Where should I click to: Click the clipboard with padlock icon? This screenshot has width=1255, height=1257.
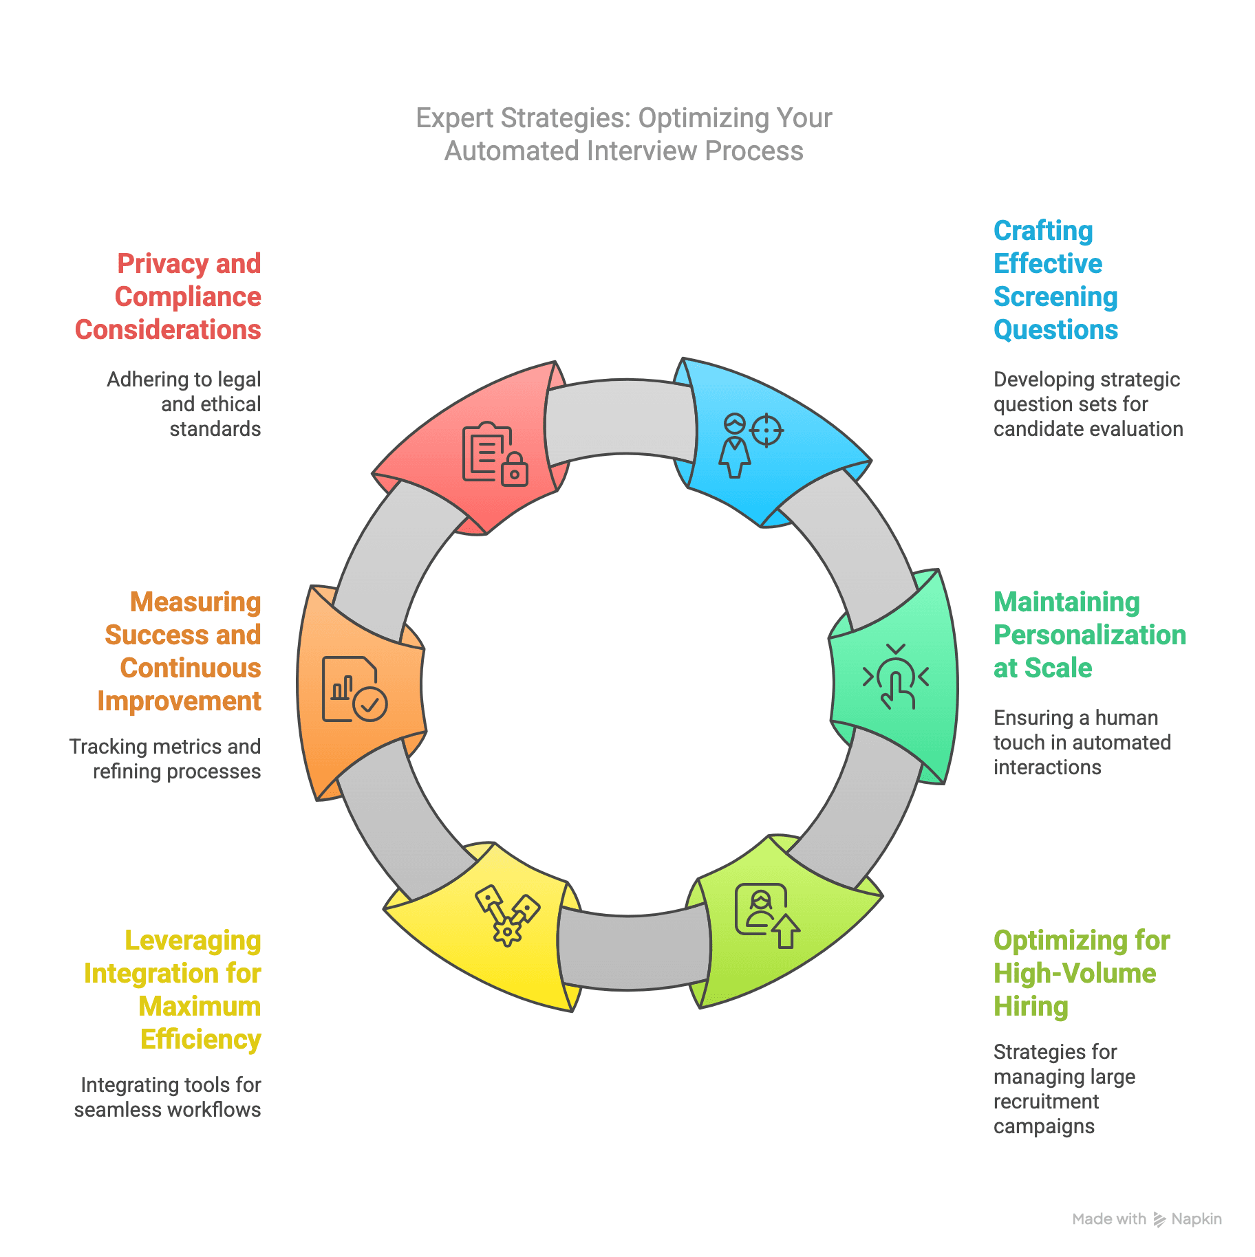tap(495, 454)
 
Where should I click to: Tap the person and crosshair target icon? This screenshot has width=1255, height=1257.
tap(751, 444)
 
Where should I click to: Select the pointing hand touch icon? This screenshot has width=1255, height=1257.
tap(896, 678)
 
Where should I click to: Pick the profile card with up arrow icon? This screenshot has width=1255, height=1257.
tap(766, 915)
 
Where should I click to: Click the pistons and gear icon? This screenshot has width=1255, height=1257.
tap(507, 915)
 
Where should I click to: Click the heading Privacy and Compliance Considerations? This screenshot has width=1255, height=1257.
tap(169, 296)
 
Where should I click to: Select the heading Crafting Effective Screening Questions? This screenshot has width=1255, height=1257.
tap(1055, 280)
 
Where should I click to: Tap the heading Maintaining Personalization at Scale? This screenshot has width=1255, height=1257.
tap(1089, 635)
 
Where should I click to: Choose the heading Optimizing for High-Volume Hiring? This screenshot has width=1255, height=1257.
tap(1081, 973)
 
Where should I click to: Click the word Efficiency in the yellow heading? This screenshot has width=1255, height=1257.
tap(200, 1039)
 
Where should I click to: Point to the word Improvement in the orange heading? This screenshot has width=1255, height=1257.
tap(179, 701)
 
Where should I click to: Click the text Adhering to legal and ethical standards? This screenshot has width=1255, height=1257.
tap(184, 404)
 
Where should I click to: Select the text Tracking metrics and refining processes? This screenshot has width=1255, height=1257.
tap(165, 759)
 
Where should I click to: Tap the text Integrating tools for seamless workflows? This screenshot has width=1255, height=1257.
tap(168, 1097)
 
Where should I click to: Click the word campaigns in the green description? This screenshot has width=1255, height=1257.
tap(1044, 1126)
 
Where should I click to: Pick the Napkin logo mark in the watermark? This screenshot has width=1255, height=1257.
tap(1159, 1219)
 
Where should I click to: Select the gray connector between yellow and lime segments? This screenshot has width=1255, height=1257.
tap(633, 952)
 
